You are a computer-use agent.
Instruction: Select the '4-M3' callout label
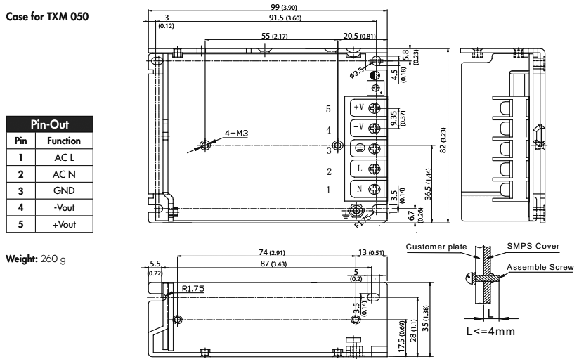(x=237, y=132)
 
